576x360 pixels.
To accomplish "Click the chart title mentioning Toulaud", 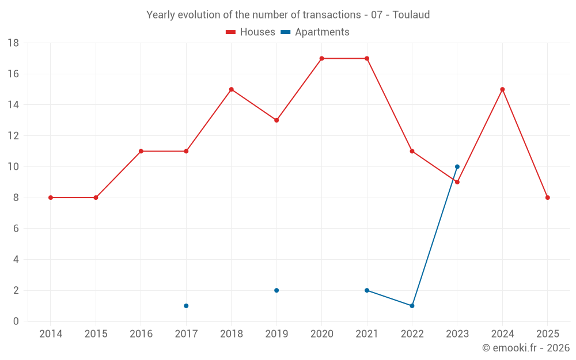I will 288,15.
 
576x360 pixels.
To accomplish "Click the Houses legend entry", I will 251,32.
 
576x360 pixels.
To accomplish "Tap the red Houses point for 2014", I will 51,198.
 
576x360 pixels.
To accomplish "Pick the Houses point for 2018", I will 232,89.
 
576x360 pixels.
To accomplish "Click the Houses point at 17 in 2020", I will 321,58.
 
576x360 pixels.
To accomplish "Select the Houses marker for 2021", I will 367,58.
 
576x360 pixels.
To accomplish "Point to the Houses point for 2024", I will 502,89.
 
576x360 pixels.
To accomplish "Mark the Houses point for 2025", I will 548,198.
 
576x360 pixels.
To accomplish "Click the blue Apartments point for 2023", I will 457,166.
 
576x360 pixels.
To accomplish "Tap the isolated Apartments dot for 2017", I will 186,306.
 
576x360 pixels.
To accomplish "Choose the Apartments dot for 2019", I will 276,290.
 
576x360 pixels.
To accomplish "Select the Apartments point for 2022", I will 412,306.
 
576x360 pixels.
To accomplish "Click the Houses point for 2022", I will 412,151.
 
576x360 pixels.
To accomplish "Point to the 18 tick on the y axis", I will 13,43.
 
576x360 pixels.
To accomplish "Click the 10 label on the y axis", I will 13,167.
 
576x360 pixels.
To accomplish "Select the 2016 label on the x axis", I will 141,334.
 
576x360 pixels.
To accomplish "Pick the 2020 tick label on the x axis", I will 321,334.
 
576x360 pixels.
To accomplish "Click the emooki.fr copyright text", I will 526,348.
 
